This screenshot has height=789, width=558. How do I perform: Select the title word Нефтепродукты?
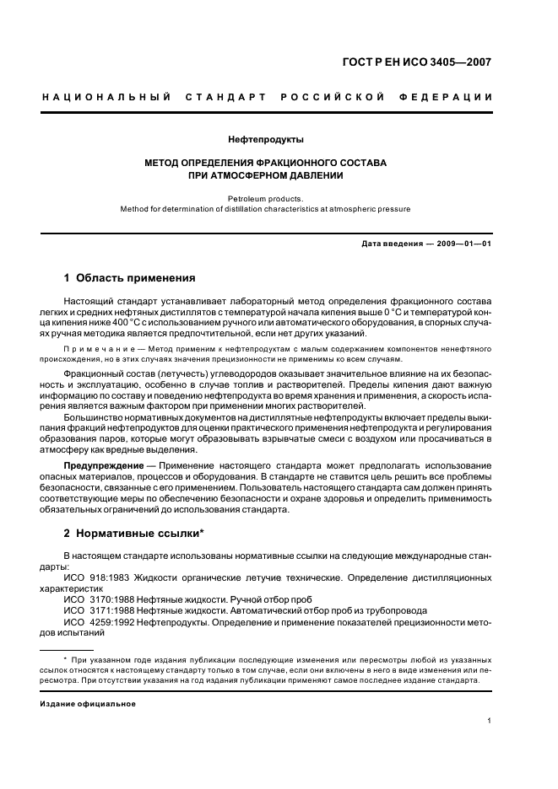[x=266, y=139]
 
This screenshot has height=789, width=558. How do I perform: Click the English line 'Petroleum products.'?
[x=266, y=199]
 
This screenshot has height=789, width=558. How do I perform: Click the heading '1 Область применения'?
[x=130, y=277]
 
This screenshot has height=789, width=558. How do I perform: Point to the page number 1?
[x=490, y=721]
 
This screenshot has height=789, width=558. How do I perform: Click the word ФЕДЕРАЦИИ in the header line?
[x=453, y=97]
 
